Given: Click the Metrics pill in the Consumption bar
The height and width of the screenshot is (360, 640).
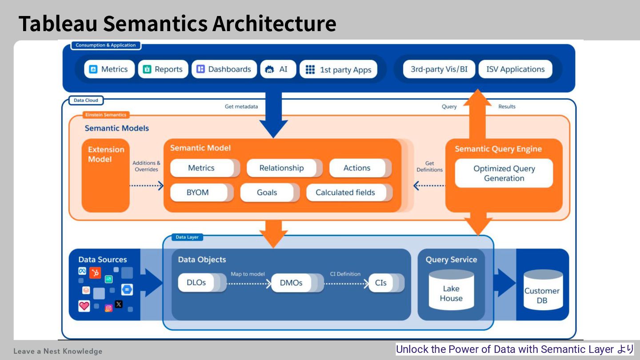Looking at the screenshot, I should click(109, 69).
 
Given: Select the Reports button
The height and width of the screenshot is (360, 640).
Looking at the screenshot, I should click(163, 69).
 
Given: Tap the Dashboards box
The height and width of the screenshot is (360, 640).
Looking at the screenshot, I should click(224, 69).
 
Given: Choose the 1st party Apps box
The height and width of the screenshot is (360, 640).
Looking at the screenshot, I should click(339, 70).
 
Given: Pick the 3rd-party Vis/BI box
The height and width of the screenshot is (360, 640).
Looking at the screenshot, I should click(439, 69).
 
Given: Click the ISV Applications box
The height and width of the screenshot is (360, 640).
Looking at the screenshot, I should click(515, 69).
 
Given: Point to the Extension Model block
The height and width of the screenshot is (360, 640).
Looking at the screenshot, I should click(106, 176).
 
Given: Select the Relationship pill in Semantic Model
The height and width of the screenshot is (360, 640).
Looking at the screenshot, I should click(282, 168).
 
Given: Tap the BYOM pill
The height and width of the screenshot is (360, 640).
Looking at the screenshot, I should click(198, 192).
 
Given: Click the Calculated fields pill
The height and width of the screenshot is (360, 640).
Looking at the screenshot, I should click(345, 192).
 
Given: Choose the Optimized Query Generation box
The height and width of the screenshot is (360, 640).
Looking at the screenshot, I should click(504, 173).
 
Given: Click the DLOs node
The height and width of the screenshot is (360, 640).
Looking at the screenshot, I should click(196, 283).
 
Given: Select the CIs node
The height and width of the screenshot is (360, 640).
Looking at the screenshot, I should click(381, 283).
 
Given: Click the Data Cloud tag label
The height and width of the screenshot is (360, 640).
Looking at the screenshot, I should click(86, 100).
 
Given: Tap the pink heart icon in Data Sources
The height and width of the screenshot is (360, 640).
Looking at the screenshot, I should click(84, 306).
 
